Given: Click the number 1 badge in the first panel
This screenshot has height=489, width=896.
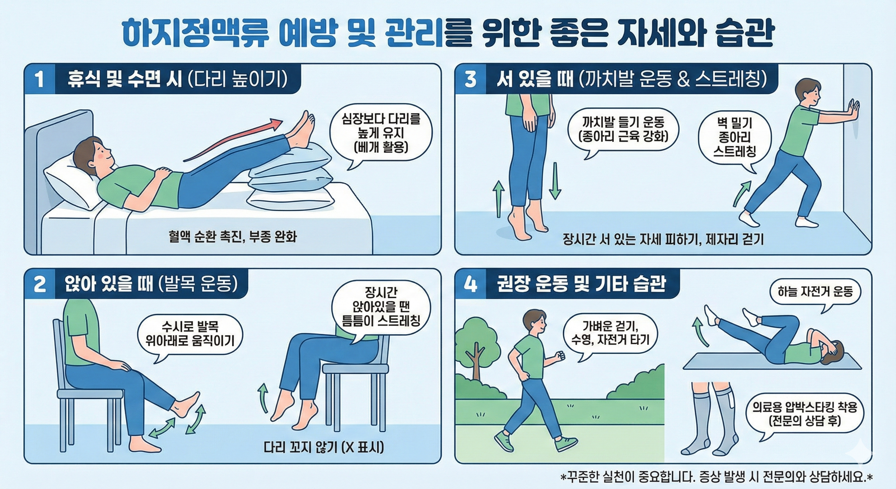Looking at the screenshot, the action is (x=39, y=79).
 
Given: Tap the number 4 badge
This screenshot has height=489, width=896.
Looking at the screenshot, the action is (x=470, y=284).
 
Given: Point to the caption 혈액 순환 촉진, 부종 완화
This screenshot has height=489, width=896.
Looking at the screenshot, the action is (x=232, y=237).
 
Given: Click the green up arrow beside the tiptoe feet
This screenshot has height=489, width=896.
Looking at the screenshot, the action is (x=499, y=199).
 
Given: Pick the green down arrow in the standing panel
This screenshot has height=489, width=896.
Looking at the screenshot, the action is (x=555, y=181).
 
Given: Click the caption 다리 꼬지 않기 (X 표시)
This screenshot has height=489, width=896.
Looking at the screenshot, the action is (x=324, y=447).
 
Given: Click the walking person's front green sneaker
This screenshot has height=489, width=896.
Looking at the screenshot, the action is (x=565, y=444).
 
